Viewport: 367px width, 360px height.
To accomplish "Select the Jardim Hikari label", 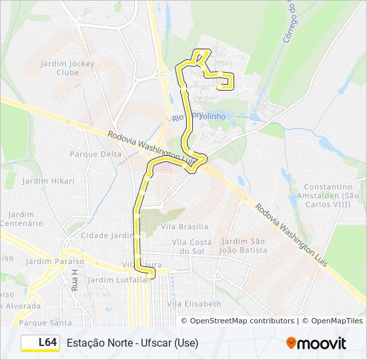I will pos(48,181).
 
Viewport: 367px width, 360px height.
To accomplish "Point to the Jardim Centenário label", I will pos(22,219).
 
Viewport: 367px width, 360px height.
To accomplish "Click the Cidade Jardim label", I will pos(107,235).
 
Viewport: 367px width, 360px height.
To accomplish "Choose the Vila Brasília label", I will pos(185,227).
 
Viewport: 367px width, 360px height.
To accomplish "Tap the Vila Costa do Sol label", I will pos(192,246).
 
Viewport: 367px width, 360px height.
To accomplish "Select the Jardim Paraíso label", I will pos(55,261).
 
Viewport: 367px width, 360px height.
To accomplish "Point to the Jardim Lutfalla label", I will pos(117,280).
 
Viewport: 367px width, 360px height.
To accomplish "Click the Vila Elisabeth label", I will pos(194,304).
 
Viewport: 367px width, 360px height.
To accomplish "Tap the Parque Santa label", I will pos(46,323).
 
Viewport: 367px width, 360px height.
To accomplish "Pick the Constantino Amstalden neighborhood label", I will pos(332,196).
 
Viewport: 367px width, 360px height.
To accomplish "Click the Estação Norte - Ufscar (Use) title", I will pos(132,343).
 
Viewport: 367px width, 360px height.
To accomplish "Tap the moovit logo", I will pos(316,343).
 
